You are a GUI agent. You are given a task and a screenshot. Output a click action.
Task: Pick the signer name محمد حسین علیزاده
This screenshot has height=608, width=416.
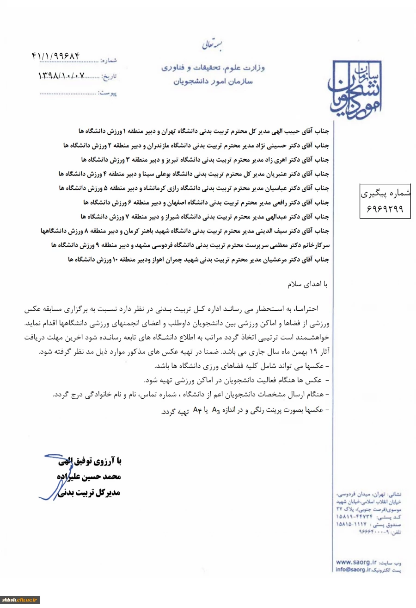click(92, 476)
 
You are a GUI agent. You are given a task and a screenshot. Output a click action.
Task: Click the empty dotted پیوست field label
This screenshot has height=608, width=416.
click(107, 94)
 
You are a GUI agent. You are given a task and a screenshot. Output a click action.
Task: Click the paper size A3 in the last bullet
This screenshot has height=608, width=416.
click(214, 409)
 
